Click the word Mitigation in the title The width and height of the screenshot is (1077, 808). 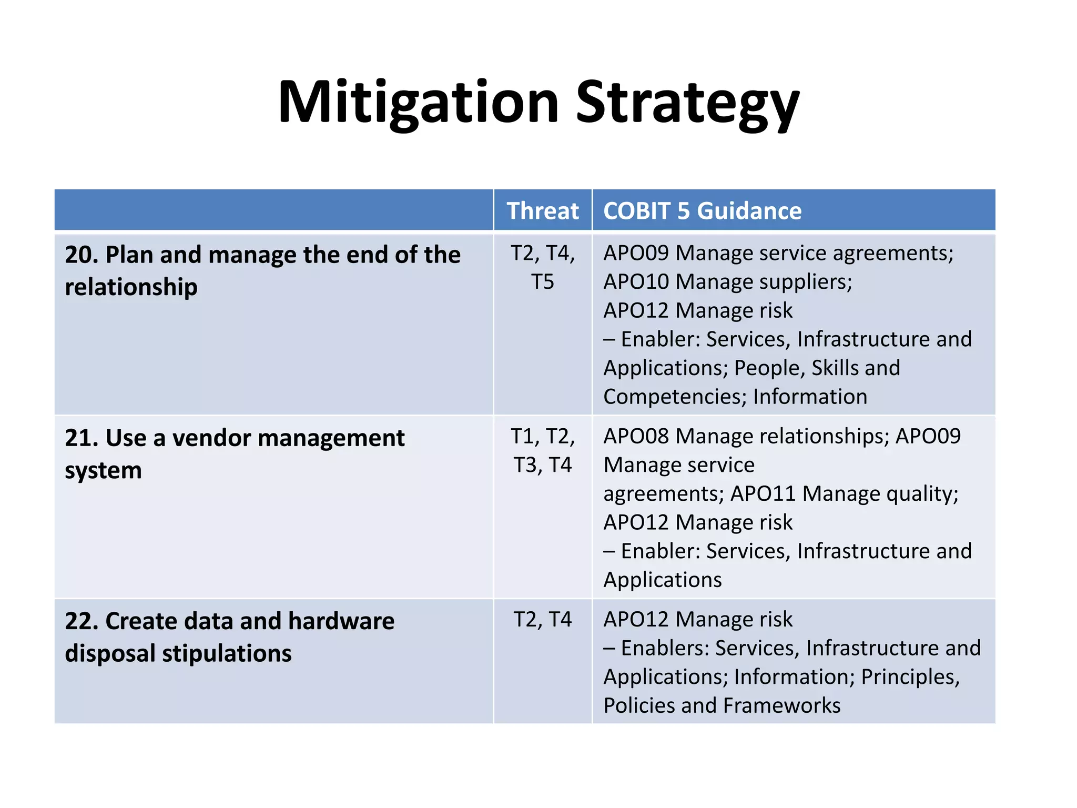pos(418,103)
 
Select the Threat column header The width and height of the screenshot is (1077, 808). pos(542,211)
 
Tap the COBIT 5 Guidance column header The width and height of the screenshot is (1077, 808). pos(702,211)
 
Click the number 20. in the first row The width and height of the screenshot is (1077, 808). pos(82,255)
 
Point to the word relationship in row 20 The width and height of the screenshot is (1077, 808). pos(131,287)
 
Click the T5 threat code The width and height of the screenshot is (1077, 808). pos(542,282)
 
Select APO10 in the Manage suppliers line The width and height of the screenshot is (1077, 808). pos(636,282)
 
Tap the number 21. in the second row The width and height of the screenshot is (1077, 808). pos(82,438)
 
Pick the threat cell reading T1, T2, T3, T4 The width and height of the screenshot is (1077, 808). pos(542,451)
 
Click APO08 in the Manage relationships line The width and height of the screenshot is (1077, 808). pos(636,437)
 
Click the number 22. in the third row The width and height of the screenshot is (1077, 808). pos(82,621)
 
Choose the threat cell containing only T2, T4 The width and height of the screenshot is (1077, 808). pos(542,620)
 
